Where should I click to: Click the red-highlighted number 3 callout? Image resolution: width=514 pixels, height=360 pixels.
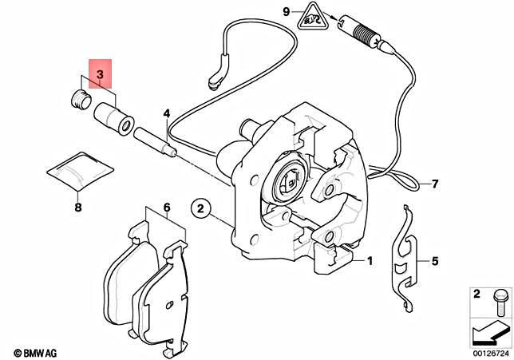click(100, 75)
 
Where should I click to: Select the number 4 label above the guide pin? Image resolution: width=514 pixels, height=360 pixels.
click(167, 114)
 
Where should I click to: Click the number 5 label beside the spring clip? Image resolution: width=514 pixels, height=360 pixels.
click(435, 260)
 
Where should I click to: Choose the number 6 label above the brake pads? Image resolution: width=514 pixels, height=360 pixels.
click(167, 208)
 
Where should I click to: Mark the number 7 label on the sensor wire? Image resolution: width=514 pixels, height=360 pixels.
click(436, 184)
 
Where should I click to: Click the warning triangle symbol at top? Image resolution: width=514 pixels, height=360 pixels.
click(312, 15)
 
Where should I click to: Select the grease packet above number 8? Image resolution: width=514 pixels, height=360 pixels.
click(77, 172)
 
